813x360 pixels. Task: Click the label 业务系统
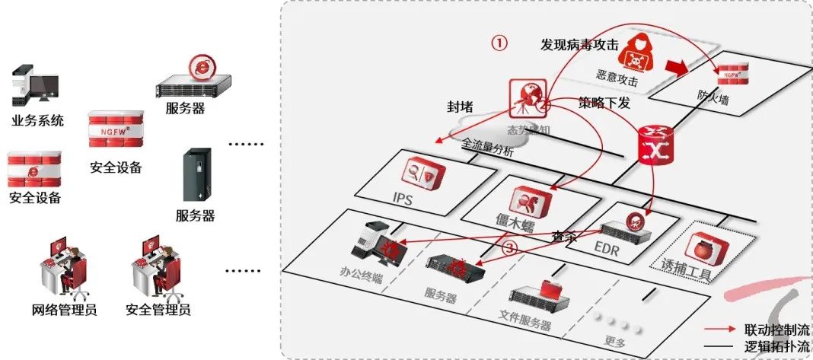[x=37, y=121]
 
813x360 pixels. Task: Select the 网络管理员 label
[x=64, y=310]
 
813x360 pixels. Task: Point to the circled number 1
[x=499, y=43]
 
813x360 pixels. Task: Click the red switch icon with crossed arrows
[x=652, y=144]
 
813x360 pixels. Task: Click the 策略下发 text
[x=604, y=103]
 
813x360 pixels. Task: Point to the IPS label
[x=403, y=198]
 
